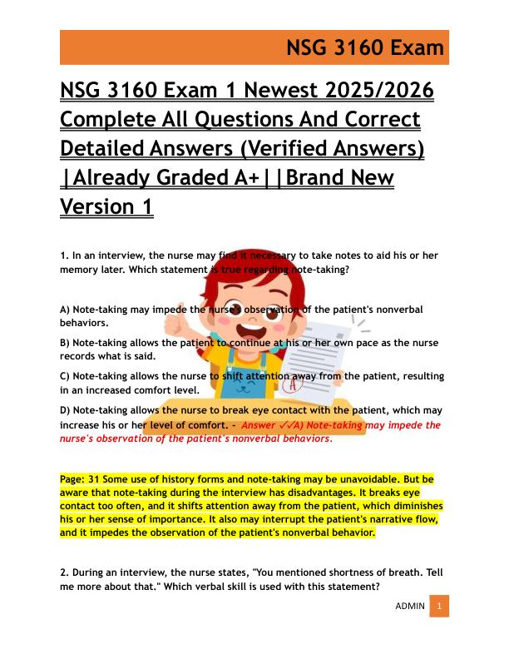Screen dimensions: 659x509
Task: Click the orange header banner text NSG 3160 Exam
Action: [x=365, y=47]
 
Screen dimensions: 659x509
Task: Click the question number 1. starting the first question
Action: [x=64, y=256]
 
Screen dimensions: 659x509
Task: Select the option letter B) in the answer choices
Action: [x=66, y=343]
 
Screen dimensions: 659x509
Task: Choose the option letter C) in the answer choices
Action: [x=66, y=376]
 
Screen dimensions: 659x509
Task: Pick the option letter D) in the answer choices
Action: [x=66, y=410]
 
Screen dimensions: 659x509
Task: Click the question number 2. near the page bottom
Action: [x=64, y=573]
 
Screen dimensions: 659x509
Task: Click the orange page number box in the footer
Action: [x=439, y=607]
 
